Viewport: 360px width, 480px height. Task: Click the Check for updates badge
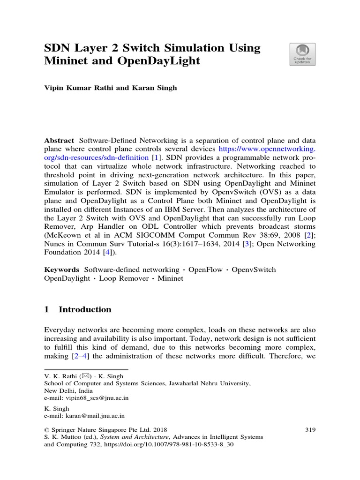click(302, 54)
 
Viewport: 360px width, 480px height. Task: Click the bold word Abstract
click(59, 140)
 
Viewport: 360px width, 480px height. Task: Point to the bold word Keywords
click(61, 270)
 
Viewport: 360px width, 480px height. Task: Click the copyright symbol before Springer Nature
click(46, 429)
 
